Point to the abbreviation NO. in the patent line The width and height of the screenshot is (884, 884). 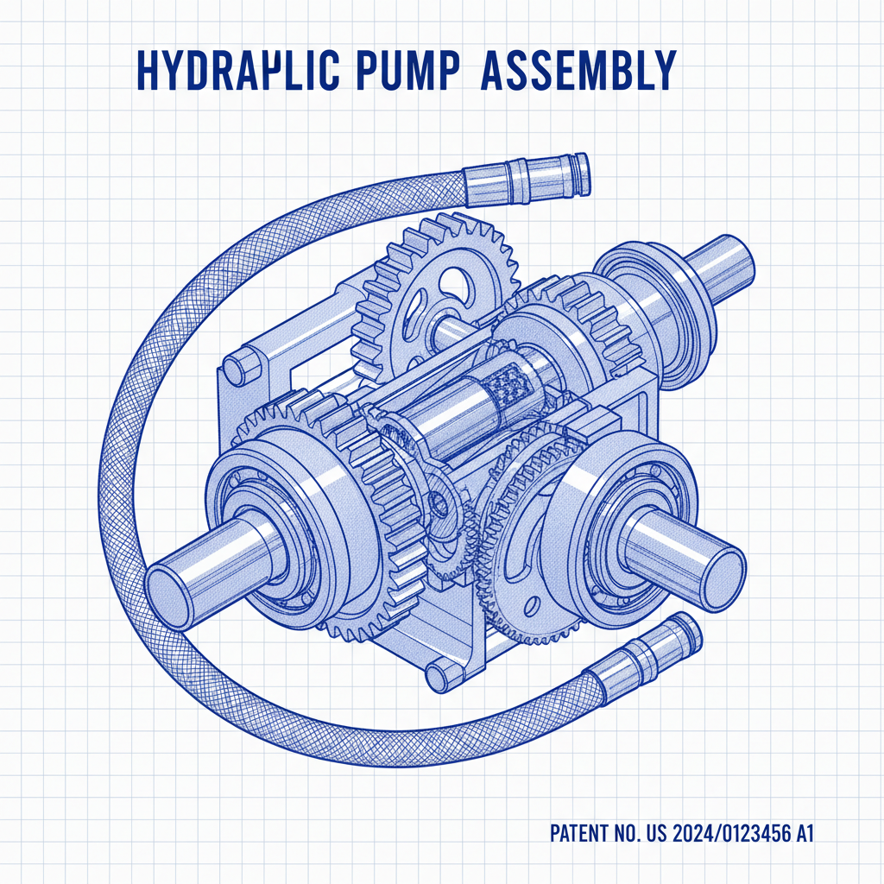(629, 834)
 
